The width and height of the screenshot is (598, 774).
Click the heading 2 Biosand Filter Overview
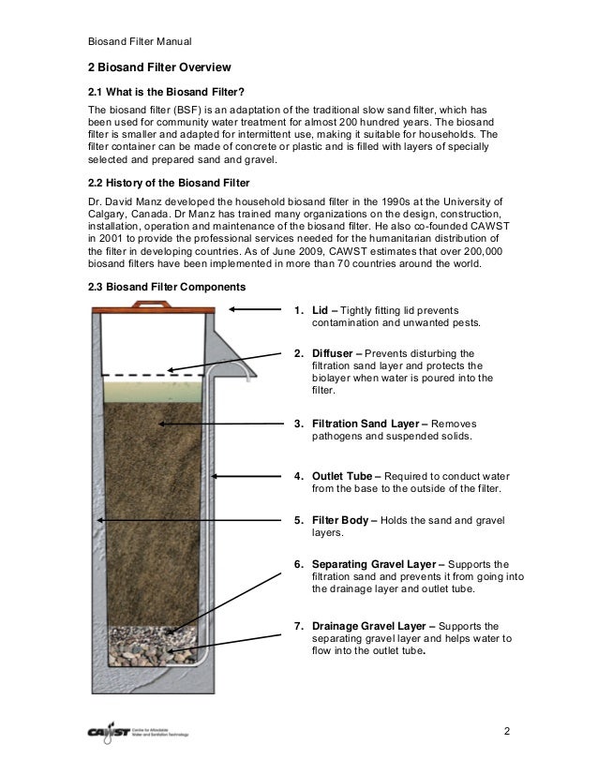(158, 68)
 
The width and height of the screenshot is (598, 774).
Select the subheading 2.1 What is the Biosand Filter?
(166, 91)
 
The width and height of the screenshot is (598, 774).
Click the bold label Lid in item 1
(319, 310)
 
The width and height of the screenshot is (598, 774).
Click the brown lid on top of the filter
(157, 305)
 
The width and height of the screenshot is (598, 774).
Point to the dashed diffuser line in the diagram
(150, 376)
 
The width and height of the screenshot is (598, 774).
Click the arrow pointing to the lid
(253, 308)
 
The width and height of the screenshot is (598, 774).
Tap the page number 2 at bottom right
(506, 731)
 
